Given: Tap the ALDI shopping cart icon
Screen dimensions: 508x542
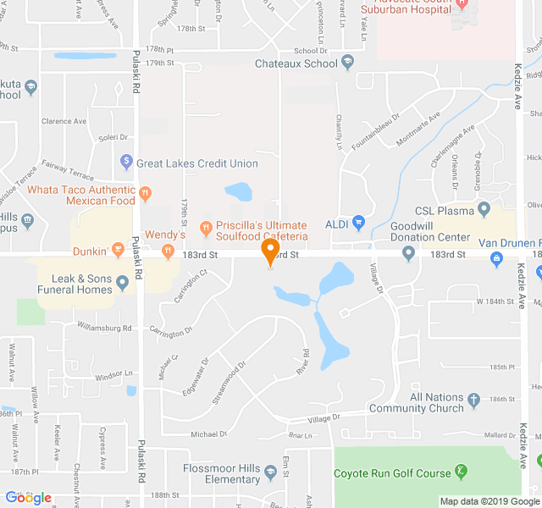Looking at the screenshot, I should point(358,224).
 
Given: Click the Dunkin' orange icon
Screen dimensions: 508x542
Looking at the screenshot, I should point(118,251).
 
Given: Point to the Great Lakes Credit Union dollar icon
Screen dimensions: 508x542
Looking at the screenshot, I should point(126,160).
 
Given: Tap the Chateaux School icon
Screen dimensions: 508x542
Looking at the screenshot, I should point(348,63).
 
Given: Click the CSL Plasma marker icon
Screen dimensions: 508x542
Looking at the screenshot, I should point(484,208).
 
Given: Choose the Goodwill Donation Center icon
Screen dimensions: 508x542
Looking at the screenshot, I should point(408,252).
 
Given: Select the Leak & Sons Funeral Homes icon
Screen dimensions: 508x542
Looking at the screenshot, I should point(124,283).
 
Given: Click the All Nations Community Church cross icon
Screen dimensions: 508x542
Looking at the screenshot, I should point(474,399).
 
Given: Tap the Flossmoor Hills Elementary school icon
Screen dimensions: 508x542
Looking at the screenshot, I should point(270,472).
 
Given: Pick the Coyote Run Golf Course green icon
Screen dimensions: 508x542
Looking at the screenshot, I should point(461,471).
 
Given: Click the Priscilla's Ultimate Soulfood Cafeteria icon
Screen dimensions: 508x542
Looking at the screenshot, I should point(205,227).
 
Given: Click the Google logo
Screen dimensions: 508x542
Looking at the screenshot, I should point(29,498).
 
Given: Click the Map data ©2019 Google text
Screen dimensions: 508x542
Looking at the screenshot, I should point(490,500).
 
